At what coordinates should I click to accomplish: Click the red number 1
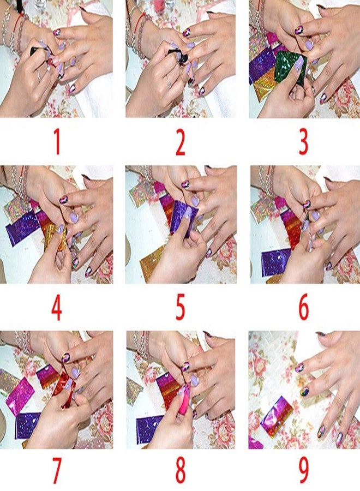56,142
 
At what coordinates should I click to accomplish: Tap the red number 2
180,142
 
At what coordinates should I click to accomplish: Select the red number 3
303,142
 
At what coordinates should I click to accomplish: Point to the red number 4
56,308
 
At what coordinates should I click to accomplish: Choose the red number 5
180,308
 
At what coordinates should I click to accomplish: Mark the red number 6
303,308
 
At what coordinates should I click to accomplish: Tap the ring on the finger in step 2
168,83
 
